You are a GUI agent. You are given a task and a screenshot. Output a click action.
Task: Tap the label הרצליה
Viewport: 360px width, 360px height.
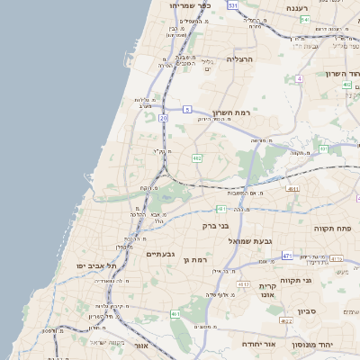tap(241, 58)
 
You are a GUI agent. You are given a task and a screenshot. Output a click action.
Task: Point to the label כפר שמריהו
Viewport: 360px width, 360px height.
tap(190, 5)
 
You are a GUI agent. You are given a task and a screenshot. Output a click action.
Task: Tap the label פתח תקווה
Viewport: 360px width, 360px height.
tap(330, 229)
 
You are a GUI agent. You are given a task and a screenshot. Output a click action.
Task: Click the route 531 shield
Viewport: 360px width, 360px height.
tap(233, 5)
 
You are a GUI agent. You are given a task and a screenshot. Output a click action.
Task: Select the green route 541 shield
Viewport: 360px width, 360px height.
tap(305, 19)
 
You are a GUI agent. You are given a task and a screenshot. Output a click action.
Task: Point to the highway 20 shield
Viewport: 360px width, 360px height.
tap(163, 118)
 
